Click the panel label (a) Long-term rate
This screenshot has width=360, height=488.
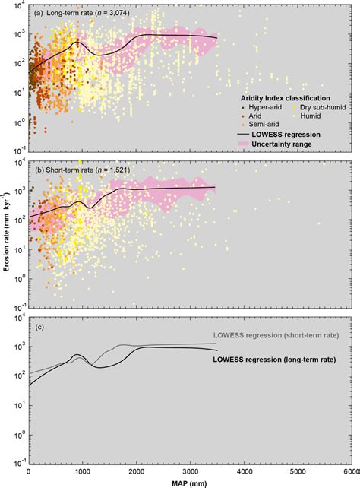coord(73,13)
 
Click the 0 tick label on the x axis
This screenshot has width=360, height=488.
coord(28,471)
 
